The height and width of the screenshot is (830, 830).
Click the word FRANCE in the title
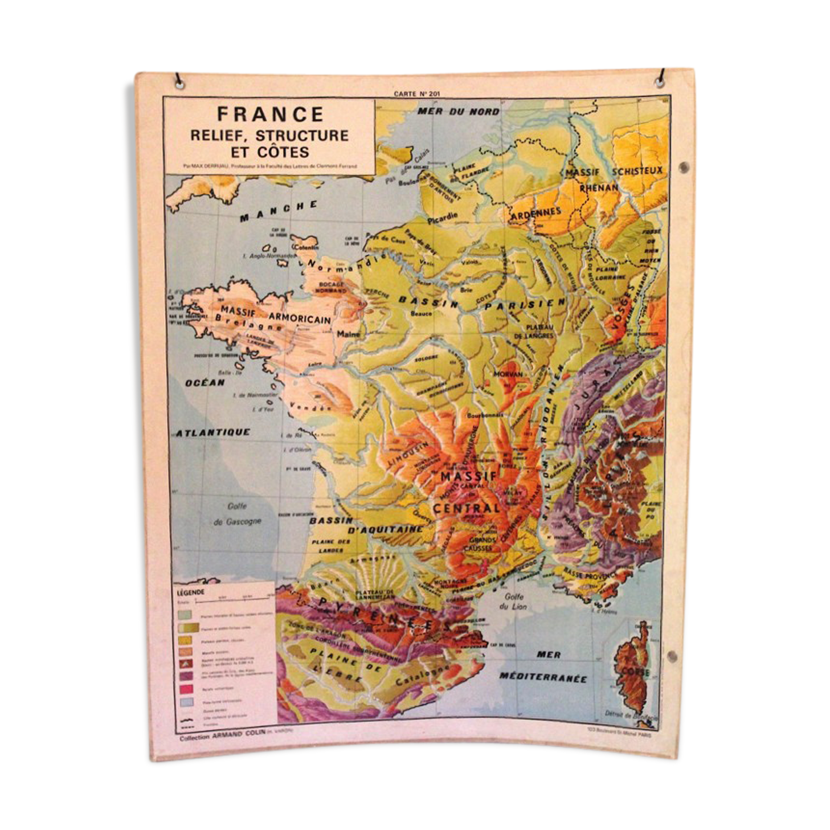(270, 114)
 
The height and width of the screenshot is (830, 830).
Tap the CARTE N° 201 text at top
(416, 94)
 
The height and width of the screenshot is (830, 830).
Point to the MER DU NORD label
(458, 111)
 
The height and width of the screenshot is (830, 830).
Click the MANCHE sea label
(279, 211)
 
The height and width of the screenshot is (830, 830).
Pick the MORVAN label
(507, 374)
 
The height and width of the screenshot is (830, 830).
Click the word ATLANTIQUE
(212, 433)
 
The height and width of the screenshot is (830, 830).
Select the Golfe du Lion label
(513, 602)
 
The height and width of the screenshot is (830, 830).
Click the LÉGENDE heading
(191, 592)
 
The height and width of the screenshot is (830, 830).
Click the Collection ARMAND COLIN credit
(223, 738)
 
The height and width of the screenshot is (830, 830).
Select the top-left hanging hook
(179, 82)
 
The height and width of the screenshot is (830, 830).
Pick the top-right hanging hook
(661, 79)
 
